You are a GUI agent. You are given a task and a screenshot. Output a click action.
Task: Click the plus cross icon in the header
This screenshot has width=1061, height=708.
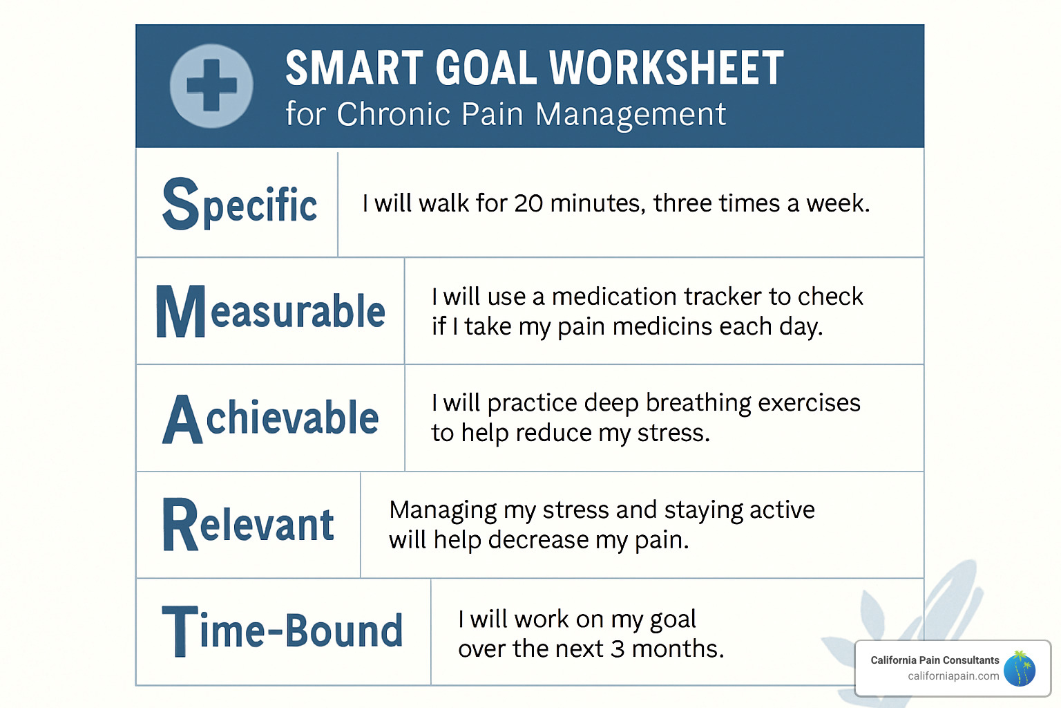[x=211, y=86]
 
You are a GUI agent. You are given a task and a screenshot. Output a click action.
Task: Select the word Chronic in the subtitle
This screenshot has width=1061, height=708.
[x=393, y=114]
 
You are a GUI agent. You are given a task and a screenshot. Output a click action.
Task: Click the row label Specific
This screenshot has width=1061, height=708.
[x=240, y=204]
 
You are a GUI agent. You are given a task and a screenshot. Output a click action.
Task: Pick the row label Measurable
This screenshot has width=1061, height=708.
[x=270, y=311]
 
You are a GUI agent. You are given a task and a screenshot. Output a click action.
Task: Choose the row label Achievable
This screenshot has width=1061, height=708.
[x=270, y=418]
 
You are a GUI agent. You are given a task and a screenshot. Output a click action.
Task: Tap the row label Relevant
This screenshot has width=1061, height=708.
[x=248, y=525]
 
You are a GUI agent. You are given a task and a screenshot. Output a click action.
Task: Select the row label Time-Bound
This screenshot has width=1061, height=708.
[x=282, y=631]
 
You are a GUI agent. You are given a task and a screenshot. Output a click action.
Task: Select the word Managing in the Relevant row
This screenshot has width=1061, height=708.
[x=443, y=510]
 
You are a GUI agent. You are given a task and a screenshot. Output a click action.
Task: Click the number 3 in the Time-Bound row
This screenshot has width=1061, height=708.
[x=618, y=649]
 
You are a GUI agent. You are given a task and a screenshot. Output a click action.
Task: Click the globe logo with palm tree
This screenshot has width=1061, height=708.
[x=1020, y=669]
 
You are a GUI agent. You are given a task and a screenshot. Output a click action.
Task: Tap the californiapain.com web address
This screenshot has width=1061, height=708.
[x=953, y=676]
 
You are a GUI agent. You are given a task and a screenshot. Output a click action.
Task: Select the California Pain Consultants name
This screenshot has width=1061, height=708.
[x=935, y=660]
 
